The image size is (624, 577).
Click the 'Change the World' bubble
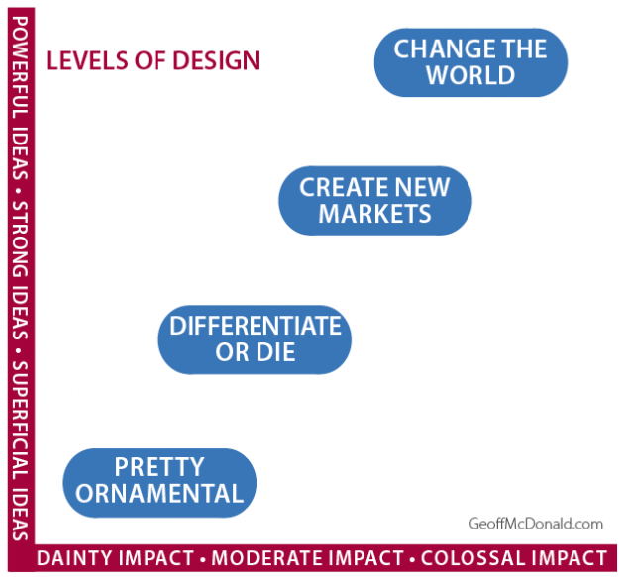pos(470,62)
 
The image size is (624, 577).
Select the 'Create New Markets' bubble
pos(374,201)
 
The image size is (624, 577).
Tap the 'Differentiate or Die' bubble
pos(255,339)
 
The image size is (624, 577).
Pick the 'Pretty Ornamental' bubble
pos(159,483)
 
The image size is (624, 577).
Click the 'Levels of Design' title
pos(153,60)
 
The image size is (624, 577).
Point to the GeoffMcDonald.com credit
pos(536,524)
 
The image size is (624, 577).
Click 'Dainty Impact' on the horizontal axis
pos(115,558)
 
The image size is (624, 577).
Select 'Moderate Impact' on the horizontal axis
pos(308,558)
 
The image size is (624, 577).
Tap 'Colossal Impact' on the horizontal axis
pos(514,558)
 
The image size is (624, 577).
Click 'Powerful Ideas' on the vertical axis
pos(20,98)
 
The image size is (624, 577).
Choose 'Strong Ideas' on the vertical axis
pos(20,270)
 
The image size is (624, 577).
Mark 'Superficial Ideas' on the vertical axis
pos(20,451)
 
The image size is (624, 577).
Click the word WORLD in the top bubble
pos(470,75)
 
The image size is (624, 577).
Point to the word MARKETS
pos(374,214)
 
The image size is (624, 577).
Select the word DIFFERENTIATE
pos(256,326)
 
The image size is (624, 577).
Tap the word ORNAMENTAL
pos(159,494)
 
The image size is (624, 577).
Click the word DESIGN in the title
pos(216,60)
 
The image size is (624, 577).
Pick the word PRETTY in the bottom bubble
pos(159,467)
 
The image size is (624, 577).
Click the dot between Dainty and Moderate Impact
pos(203,560)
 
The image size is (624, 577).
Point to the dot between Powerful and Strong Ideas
pos(18,191)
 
